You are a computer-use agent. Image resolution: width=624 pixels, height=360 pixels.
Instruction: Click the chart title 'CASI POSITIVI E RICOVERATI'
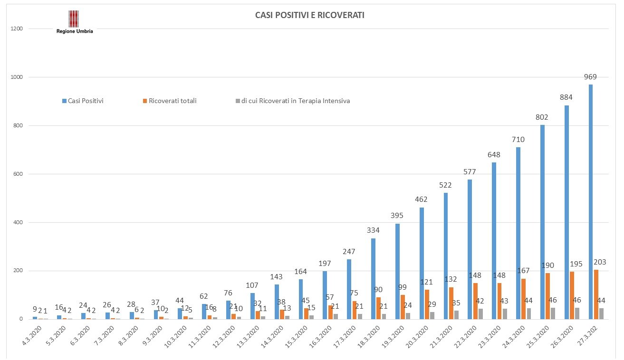309,16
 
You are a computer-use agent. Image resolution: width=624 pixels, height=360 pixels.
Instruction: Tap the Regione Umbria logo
75,22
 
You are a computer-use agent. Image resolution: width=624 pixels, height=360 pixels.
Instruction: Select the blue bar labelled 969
591,202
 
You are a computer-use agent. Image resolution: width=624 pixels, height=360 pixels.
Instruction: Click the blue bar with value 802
542,222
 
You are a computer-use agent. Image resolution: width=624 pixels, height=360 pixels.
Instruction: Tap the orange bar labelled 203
596,294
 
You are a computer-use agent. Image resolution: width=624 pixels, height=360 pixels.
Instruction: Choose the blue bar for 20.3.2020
422,263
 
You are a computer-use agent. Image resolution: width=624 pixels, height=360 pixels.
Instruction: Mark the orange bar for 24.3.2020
523,299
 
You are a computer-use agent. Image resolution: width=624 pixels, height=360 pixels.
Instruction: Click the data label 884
566,97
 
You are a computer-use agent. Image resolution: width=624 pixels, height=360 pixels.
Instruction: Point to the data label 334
373,230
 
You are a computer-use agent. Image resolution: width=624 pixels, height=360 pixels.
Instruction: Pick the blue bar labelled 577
470,249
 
